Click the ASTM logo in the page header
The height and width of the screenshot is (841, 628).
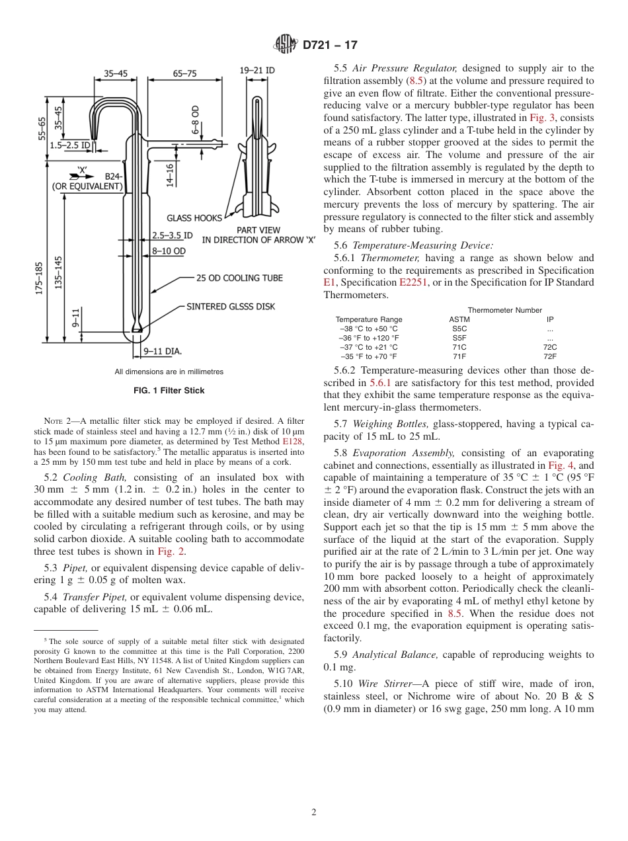pyautogui.click(x=286, y=45)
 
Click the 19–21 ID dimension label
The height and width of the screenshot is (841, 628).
pyautogui.click(x=257, y=70)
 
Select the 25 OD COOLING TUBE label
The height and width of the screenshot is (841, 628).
pyautogui.click(x=239, y=278)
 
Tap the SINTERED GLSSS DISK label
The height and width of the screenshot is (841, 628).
pyautogui.click(x=231, y=306)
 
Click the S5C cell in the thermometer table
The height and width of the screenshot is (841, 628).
pyautogui.click(x=459, y=329)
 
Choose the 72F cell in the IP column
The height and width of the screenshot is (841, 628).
pyautogui.click(x=550, y=356)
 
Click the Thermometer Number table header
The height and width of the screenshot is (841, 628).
pyautogui.click(x=504, y=310)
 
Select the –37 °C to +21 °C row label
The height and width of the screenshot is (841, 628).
pyautogui.click(x=368, y=347)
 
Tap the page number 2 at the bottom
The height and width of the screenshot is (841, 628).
pyautogui.click(x=314, y=813)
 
